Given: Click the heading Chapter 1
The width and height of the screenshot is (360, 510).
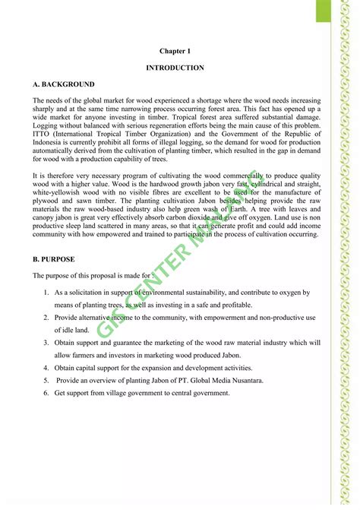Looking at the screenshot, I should click(175, 50).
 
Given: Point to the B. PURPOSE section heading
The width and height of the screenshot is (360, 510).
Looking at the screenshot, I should click(55, 259).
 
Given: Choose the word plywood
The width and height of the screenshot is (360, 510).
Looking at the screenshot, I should click(48, 201).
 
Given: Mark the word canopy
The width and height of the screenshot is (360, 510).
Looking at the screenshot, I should click(44, 217).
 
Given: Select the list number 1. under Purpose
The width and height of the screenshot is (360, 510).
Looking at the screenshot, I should click(46, 292).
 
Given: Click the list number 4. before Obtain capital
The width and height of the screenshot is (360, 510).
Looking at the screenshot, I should click(46, 367).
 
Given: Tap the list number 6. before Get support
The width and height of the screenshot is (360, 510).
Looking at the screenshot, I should click(46, 392).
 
